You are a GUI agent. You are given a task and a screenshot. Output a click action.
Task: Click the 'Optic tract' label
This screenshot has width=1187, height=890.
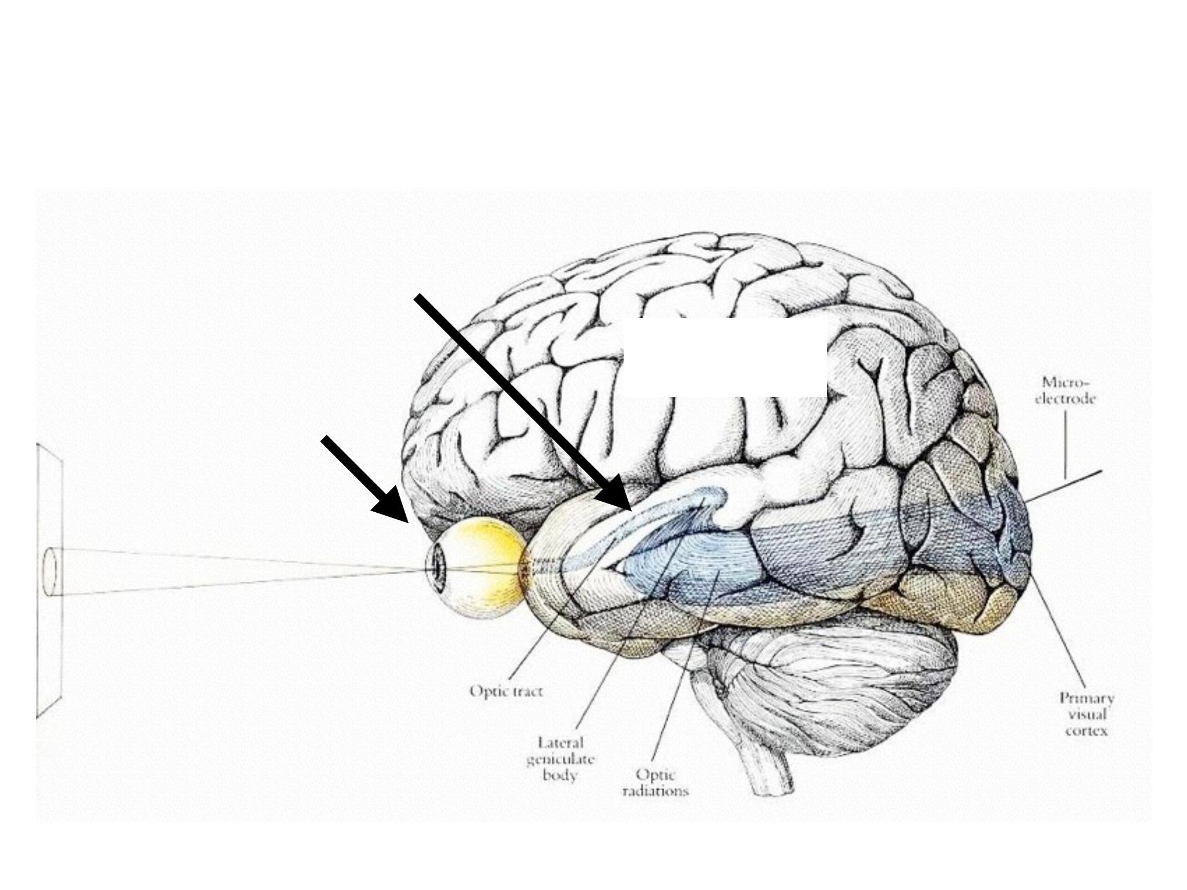[x=506, y=691]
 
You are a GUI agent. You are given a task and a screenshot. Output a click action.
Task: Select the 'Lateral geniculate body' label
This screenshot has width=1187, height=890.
[x=560, y=759]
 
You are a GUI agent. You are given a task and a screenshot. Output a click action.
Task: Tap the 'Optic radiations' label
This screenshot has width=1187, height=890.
[x=656, y=782]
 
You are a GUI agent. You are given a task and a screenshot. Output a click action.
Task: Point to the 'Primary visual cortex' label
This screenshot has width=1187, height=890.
[x=1087, y=714]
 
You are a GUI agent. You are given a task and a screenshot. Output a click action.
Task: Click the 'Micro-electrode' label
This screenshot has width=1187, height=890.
[x=1065, y=391]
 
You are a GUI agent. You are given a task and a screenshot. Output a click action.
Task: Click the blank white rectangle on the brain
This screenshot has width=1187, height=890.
[x=724, y=358]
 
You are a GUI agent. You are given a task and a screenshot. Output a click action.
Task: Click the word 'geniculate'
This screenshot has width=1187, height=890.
[x=560, y=759]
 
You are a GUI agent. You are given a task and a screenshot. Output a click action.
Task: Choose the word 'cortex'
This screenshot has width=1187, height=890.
[x=1087, y=731]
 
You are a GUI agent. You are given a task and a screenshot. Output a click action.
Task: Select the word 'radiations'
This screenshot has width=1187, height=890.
[x=656, y=790]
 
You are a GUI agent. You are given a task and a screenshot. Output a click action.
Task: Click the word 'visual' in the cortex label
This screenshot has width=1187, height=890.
[x=1087, y=714]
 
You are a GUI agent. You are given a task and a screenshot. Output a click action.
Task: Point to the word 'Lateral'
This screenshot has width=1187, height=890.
[x=560, y=743]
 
